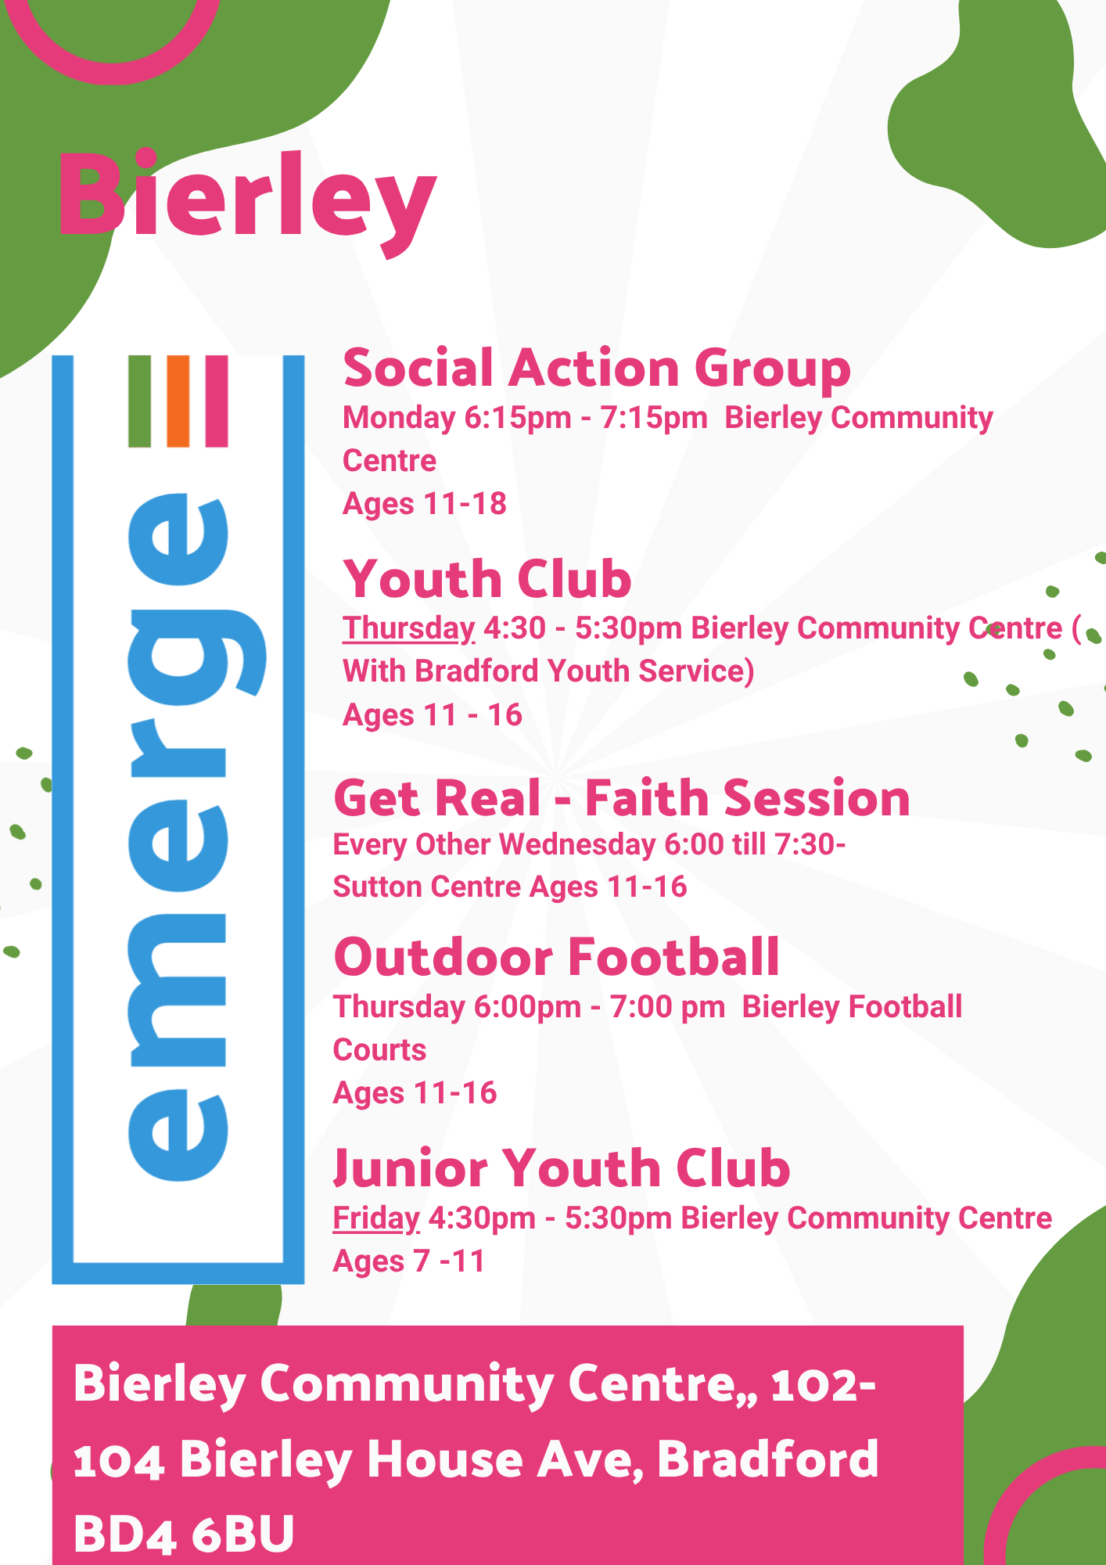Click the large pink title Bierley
pyautogui.click(x=246, y=202)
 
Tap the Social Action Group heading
pyautogui.click(x=597, y=369)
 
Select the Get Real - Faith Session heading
pyautogui.click(x=622, y=798)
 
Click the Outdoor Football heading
pyautogui.click(x=556, y=957)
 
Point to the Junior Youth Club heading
pyautogui.click(x=562, y=1168)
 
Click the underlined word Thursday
pyautogui.click(x=409, y=629)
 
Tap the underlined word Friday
pyautogui.click(x=376, y=1219)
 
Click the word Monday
pyautogui.click(x=399, y=419)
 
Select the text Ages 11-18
pyautogui.click(x=425, y=504)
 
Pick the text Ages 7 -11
pyautogui.click(x=409, y=1261)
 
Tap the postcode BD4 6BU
pyautogui.click(x=184, y=1534)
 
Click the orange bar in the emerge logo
pyautogui.click(x=178, y=401)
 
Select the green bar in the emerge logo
pyautogui.click(x=139, y=401)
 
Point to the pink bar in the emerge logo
pyautogui.click(x=216, y=401)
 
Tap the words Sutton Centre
pyautogui.click(x=427, y=887)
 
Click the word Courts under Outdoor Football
pyautogui.click(x=379, y=1050)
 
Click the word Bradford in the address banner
pyautogui.click(x=767, y=1459)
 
